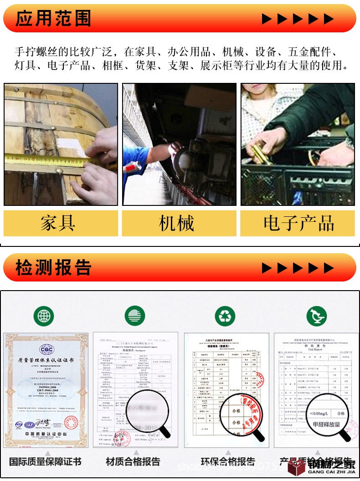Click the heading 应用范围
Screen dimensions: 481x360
click(x=53, y=19)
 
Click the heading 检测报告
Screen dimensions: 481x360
click(x=53, y=267)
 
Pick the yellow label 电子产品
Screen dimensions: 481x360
click(x=298, y=223)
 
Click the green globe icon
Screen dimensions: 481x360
click(x=44, y=316)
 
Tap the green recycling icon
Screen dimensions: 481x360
click(x=225, y=316)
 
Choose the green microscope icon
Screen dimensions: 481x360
click(x=316, y=316)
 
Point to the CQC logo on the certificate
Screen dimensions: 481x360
click(x=46, y=349)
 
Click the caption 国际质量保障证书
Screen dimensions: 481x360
click(x=45, y=461)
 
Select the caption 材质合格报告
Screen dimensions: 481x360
click(x=133, y=461)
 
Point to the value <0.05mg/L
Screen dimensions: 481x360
click(x=321, y=414)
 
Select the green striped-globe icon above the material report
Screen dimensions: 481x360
click(x=135, y=316)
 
